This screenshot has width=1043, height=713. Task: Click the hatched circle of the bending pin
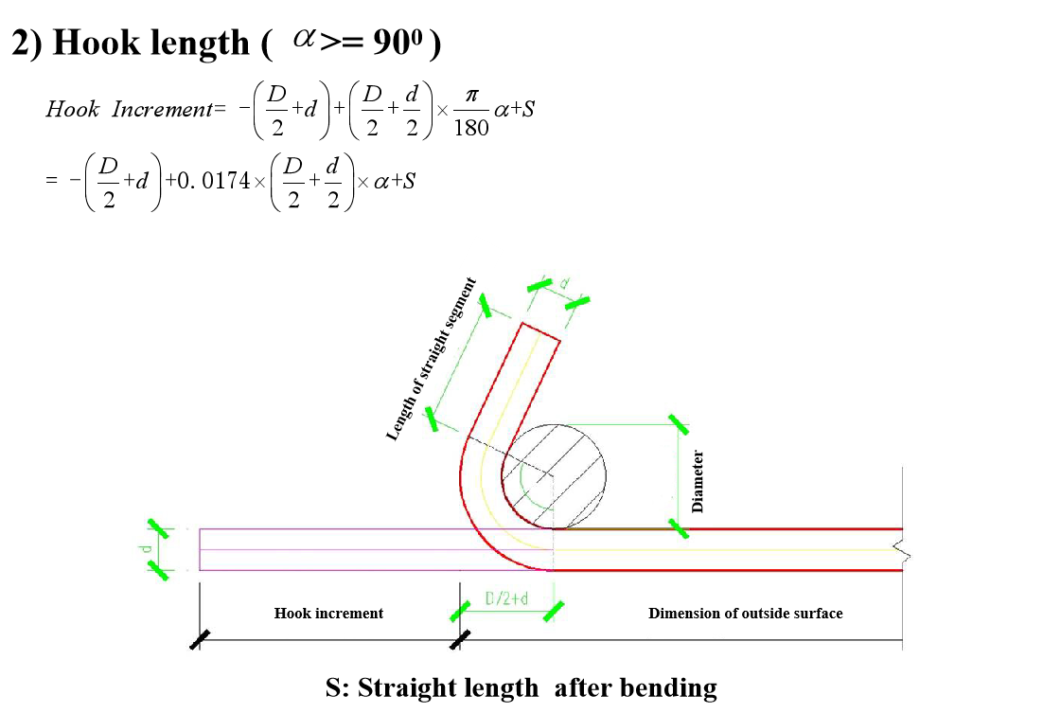(554, 475)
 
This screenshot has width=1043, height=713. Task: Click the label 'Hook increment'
(328, 614)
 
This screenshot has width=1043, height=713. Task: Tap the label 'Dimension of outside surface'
(745, 614)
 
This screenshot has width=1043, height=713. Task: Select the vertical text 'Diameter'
(698, 481)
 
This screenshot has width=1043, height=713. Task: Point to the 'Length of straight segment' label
(431, 360)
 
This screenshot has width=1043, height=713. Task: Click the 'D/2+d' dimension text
(505, 598)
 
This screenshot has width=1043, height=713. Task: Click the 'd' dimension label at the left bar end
(145, 549)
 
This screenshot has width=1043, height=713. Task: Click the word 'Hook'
(292, 614)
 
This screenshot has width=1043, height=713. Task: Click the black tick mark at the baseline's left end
(200, 640)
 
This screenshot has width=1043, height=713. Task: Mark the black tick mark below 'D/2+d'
(460, 640)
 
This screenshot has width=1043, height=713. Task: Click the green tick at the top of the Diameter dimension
(678, 424)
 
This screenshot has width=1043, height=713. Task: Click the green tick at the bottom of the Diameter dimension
(678, 528)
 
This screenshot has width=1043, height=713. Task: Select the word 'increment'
(348, 614)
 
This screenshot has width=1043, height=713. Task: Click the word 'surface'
(819, 614)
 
